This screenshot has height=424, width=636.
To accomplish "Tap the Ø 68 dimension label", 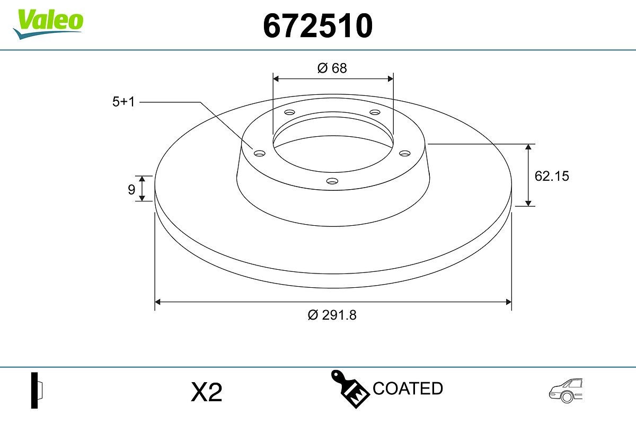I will pyautogui.click(x=332, y=68).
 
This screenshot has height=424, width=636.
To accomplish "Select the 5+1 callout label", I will pyautogui.click(x=123, y=102).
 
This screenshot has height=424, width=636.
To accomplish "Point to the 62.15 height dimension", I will pyautogui.click(x=551, y=176).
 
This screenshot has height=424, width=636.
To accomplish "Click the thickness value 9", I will pyautogui.click(x=131, y=189).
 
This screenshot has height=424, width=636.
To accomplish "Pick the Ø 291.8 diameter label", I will pyautogui.click(x=332, y=315).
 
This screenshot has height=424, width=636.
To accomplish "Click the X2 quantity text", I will pyautogui.click(x=206, y=393).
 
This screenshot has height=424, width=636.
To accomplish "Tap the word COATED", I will pyautogui.click(x=408, y=388).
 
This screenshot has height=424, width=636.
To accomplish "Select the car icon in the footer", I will pyautogui.click(x=566, y=391).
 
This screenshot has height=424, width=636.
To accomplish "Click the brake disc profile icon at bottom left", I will pyautogui.click(x=37, y=390).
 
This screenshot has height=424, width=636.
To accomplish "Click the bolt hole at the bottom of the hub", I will pyautogui.click(x=332, y=181).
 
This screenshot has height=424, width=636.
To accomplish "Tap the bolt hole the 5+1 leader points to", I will pyautogui.click(x=259, y=154).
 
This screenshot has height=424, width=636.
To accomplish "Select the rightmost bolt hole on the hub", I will pyautogui.click(x=405, y=153).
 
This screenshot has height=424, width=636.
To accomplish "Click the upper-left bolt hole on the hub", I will pyautogui.click(x=289, y=112).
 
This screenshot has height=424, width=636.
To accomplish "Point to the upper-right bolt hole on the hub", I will pyautogui.click(x=375, y=112).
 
